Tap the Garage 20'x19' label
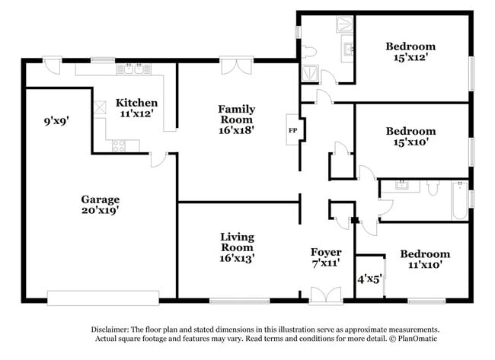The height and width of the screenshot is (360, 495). click(x=101, y=205)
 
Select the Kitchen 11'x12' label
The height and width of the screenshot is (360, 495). click(x=136, y=108)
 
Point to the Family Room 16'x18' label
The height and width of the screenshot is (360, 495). click(x=237, y=119)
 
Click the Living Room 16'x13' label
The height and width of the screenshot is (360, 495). click(x=237, y=247)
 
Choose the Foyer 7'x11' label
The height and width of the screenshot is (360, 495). click(x=326, y=257)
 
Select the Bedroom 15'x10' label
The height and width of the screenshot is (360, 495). click(x=410, y=137)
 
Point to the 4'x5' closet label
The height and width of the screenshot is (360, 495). click(x=369, y=279)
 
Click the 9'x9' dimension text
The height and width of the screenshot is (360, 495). click(x=56, y=120)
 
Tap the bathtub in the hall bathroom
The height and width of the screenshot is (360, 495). click(x=459, y=200)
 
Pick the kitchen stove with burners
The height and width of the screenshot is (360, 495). click(x=119, y=146)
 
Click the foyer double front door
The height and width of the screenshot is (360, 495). click(x=326, y=295)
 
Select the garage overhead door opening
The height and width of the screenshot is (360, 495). click(x=103, y=297)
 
